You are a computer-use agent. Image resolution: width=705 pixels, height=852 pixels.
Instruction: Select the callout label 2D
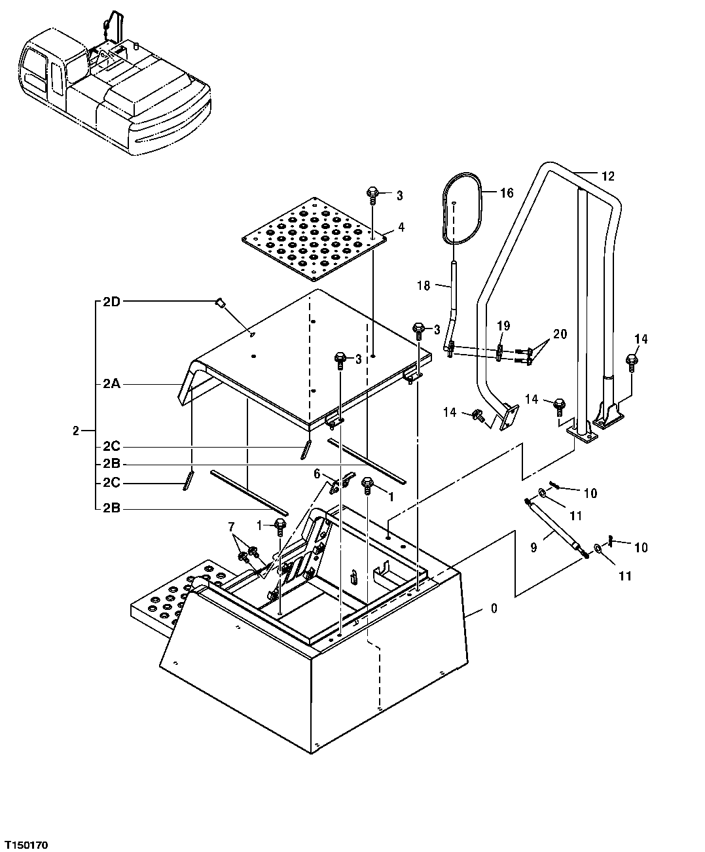(x=111, y=302)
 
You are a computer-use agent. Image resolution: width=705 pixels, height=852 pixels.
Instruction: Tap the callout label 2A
(x=111, y=385)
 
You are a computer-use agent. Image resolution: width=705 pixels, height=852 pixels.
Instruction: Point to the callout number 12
(x=608, y=175)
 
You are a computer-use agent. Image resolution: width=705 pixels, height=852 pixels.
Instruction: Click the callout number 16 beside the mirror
(x=507, y=192)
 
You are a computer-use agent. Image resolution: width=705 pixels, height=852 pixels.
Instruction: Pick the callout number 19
(x=502, y=326)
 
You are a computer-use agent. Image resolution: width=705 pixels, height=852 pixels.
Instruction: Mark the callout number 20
(x=560, y=334)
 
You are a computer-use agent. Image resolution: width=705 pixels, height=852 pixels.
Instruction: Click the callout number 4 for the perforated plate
(x=401, y=228)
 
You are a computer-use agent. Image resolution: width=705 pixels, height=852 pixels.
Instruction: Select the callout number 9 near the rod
(x=533, y=547)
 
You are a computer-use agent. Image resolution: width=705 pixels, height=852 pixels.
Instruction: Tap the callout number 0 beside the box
(x=494, y=609)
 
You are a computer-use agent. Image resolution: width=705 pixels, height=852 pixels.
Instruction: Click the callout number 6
(x=317, y=473)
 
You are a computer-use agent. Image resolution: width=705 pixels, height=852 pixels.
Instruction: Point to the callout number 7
(x=230, y=527)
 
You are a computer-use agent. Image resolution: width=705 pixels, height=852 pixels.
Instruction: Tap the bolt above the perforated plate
(x=372, y=193)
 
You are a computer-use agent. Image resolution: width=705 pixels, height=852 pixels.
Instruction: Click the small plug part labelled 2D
(x=221, y=302)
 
